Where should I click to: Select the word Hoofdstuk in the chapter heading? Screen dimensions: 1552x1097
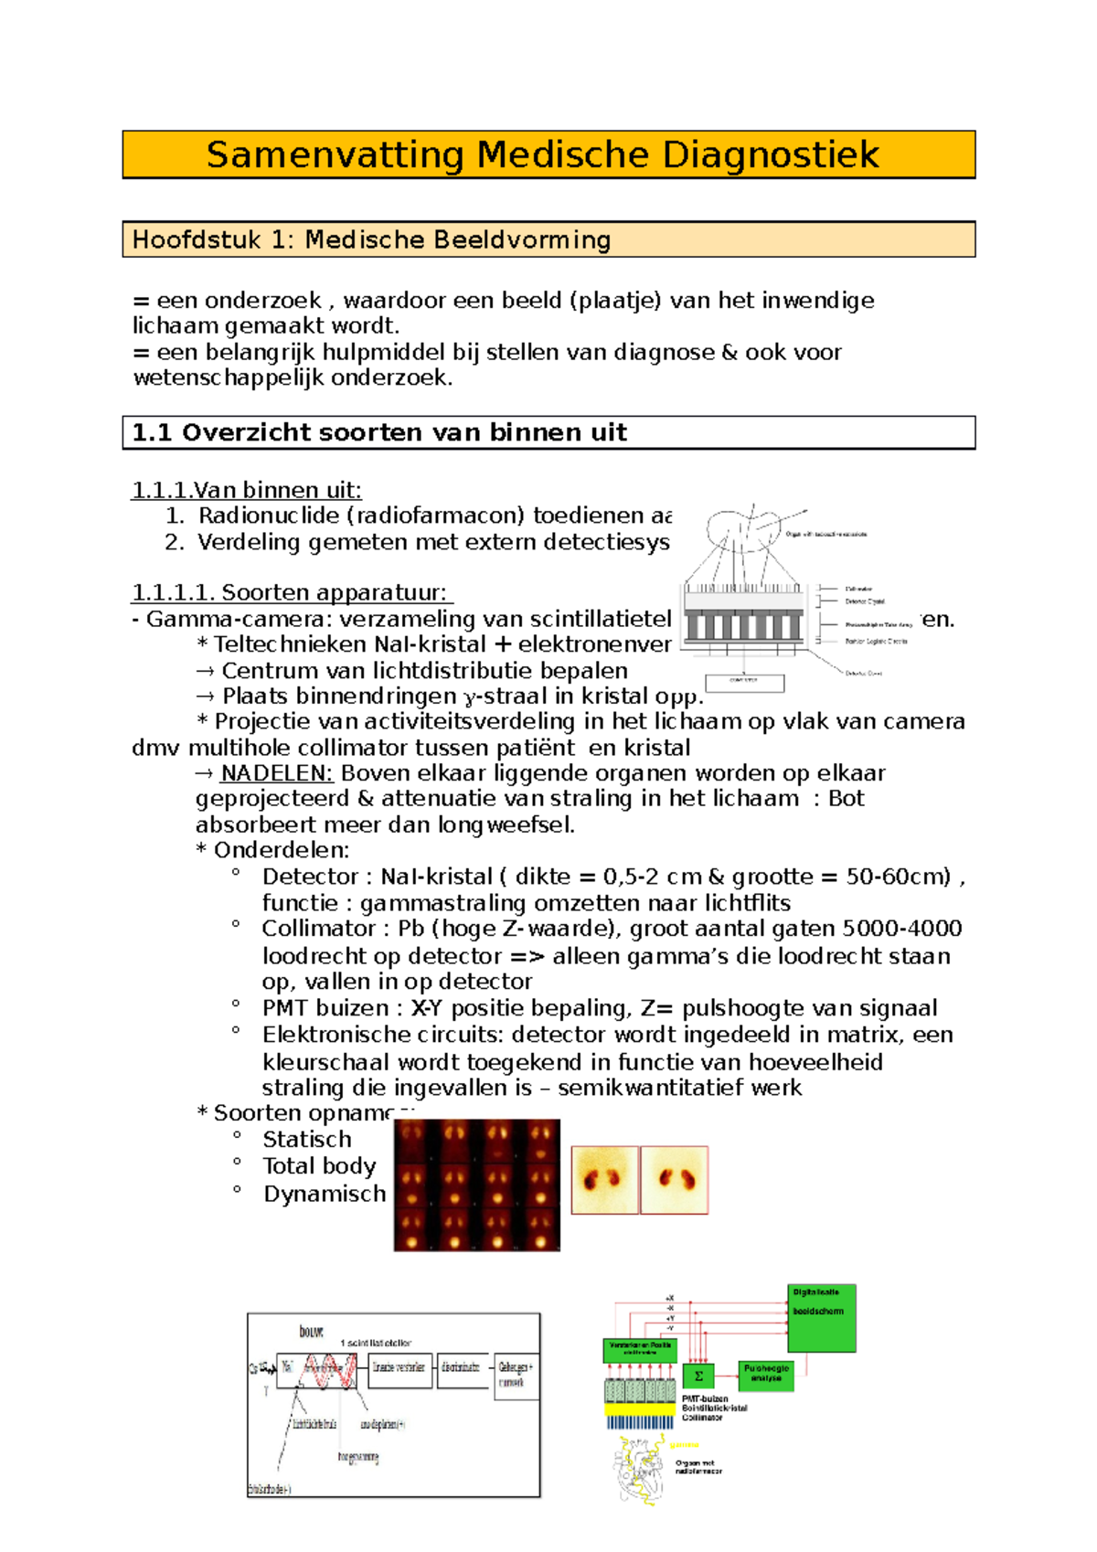pyautogui.click(x=193, y=240)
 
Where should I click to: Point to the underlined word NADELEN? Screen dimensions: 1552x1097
pyautogui.click(x=276, y=773)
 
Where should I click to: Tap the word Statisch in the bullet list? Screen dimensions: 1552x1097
pyautogui.click(x=306, y=1140)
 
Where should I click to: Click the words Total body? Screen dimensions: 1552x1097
pyautogui.click(x=319, y=1166)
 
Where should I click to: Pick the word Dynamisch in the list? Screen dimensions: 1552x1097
pyautogui.click(x=325, y=1194)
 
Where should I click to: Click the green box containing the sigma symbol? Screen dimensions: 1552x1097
pyautogui.click(x=698, y=1376)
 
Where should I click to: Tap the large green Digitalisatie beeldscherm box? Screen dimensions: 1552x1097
pyautogui.click(x=821, y=1318)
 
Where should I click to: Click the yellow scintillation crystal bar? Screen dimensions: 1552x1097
pyautogui.click(x=639, y=1410)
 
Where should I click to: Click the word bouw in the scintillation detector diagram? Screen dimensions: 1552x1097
pyautogui.click(x=311, y=1332)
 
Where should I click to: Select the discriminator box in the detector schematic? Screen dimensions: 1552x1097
pyautogui.click(x=462, y=1368)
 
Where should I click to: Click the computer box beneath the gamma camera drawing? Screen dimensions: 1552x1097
pyautogui.click(x=743, y=682)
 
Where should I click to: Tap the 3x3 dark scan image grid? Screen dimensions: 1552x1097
pyautogui.click(x=476, y=1185)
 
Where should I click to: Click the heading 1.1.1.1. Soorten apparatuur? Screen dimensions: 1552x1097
pyautogui.click(x=292, y=593)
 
